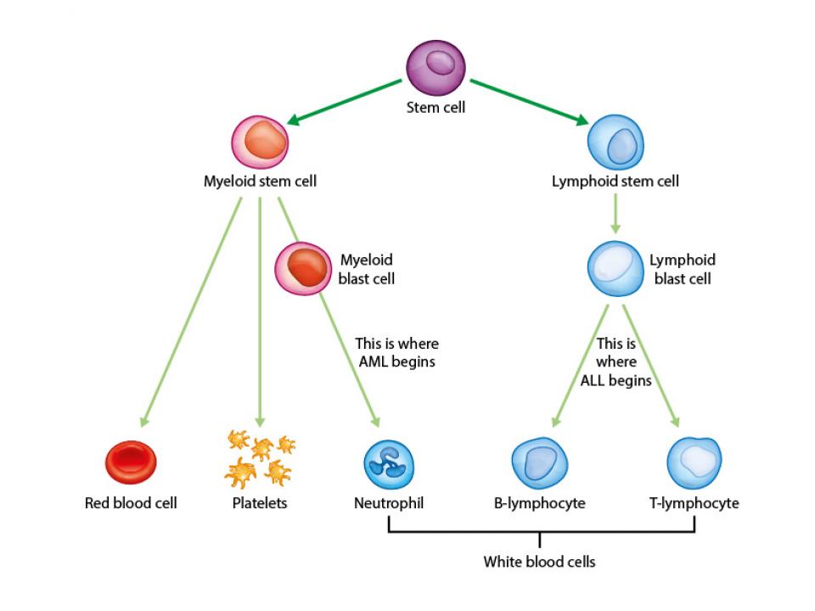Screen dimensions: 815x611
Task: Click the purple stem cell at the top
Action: pyautogui.click(x=436, y=68)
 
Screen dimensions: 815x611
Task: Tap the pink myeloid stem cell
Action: pyautogui.click(x=260, y=142)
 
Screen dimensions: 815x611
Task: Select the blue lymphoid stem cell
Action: pyautogui.click(x=615, y=142)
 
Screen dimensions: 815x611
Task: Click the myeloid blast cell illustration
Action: pyautogui.click(x=303, y=269)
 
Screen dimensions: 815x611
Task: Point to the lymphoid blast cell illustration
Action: pyautogui.click(x=615, y=269)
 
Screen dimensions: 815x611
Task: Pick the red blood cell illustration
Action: pyautogui.click(x=131, y=462)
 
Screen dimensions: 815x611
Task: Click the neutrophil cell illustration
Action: pyautogui.click(x=389, y=464)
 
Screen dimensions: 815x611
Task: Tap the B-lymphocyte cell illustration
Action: pyautogui.click(x=540, y=463)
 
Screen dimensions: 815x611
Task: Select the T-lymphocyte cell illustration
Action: pyautogui.click(x=694, y=463)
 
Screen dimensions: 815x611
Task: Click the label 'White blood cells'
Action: pyautogui.click(x=540, y=562)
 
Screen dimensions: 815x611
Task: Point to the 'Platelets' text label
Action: pyautogui.click(x=260, y=503)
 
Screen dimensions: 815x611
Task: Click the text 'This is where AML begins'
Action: pyautogui.click(x=397, y=352)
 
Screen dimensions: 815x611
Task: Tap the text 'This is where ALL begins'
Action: pyautogui.click(x=616, y=362)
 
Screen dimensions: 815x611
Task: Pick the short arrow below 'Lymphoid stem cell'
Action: pyautogui.click(x=615, y=214)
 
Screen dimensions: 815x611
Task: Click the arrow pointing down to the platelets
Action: pyautogui.click(x=260, y=312)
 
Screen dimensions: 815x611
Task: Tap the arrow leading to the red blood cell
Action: pyautogui.click(x=191, y=312)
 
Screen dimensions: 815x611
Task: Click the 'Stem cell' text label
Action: pyautogui.click(x=436, y=108)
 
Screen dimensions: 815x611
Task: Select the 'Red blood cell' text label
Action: pyautogui.click(x=131, y=503)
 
